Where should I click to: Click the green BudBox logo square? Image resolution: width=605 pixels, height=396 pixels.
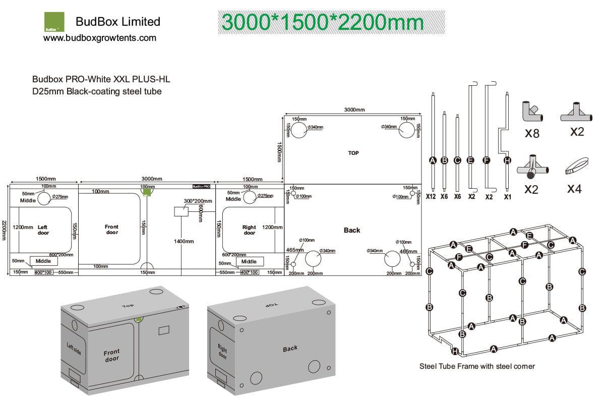(54, 22)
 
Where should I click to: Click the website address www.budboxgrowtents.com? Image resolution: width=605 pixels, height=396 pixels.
(100, 38)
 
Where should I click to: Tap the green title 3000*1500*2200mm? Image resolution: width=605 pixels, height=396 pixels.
(323, 22)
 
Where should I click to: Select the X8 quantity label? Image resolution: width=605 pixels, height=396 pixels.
(532, 134)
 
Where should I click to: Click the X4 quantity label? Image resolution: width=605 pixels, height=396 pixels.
(574, 189)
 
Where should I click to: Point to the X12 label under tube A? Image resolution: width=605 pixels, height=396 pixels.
(431, 197)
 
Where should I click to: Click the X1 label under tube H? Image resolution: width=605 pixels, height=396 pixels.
(507, 197)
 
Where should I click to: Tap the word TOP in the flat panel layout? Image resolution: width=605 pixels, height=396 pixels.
(353, 153)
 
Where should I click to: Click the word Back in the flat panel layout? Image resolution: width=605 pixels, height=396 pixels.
(352, 230)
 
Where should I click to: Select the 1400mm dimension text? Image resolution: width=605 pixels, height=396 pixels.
(184, 242)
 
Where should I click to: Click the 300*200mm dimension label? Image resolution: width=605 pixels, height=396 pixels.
(194, 201)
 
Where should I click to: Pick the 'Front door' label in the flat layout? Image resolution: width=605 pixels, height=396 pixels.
(112, 230)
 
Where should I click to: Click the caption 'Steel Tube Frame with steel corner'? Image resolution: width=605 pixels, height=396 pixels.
(477, 366)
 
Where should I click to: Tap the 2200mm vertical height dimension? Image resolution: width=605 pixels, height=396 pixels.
(4, 230)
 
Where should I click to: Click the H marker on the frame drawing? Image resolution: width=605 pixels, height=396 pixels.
(455, 352)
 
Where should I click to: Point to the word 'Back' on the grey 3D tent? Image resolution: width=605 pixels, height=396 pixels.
(290, 349)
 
